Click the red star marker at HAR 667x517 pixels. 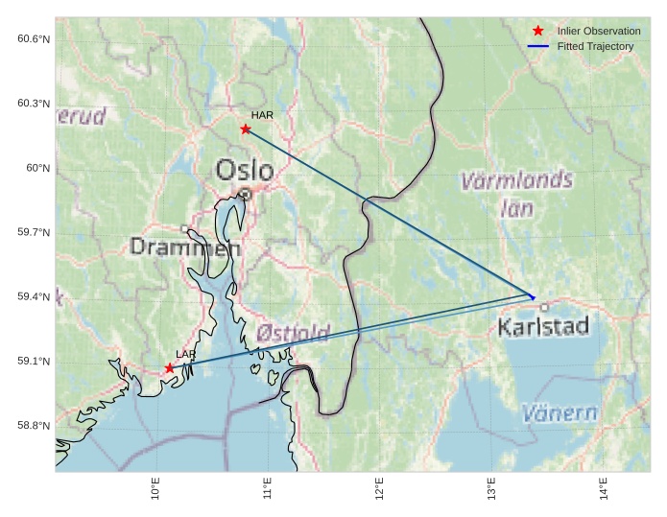(246, 129)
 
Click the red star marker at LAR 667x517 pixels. (170, 367)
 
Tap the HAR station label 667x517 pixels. (262, 115)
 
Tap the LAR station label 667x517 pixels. (185, 355)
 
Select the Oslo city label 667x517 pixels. (244, 171)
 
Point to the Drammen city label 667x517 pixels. (184, 247)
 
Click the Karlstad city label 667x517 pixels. (542, 328)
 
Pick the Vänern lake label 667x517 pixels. (560, 414)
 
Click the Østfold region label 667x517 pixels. (293, 334)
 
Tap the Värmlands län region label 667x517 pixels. (516, 193)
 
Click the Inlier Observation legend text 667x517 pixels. (598, 31)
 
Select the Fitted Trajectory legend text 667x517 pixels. (595, 46)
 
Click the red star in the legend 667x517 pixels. (538, 31)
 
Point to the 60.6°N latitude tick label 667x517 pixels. (33, 38)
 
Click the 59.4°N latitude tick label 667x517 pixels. (33, 296)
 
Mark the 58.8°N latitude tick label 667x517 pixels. (33, 426)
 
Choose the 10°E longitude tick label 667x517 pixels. (155, 490)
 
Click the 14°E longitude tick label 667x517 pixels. (604, 490)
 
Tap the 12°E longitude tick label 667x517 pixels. (380, 490)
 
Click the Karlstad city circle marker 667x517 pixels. (544, 307)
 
